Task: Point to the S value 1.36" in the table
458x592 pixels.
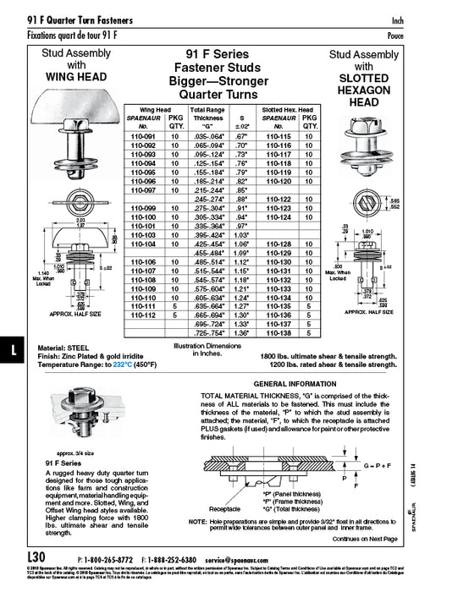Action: pos(243,333)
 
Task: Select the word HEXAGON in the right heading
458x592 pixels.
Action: pos(363,88)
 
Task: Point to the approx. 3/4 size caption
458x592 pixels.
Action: pos(69,453)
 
